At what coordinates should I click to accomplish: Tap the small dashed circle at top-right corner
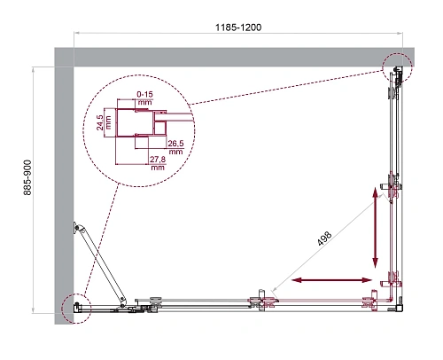[x=398, y=67]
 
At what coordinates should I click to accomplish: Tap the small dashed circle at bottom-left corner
[x=75, y=307]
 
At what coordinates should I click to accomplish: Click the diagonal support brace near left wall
[x=100, y=262]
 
